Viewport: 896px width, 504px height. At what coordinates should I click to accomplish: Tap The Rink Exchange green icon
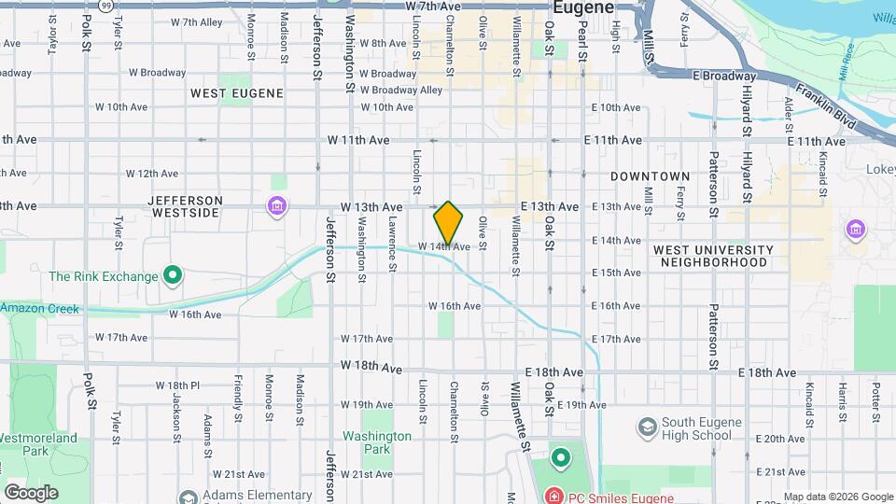(x=172, y=275)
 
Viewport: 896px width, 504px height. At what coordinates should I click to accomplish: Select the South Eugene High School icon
(x=646, y=427)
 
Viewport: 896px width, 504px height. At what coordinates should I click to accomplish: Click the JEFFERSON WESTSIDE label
(x=184, y=206)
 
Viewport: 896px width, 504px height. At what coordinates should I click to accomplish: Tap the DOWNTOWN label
(x=650, y=176)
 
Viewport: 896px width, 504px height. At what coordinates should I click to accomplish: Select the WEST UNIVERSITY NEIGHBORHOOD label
(x=713, y=256)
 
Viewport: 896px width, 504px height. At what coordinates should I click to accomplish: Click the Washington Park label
(x=377, y=442)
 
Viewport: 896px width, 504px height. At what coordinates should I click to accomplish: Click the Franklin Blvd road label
(x=837, y=110)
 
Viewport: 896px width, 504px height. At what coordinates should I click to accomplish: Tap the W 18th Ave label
(x=371, y=365)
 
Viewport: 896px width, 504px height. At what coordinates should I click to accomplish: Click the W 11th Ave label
(x=358, y=140)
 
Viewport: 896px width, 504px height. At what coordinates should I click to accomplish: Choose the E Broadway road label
(x=723, y=76)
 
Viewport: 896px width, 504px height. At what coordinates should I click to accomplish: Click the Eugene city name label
(x=583, y=7)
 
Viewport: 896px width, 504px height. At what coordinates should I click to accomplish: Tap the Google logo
(x=31, y=493)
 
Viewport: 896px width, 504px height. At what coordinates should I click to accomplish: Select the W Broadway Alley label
(x=401, y=91)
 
